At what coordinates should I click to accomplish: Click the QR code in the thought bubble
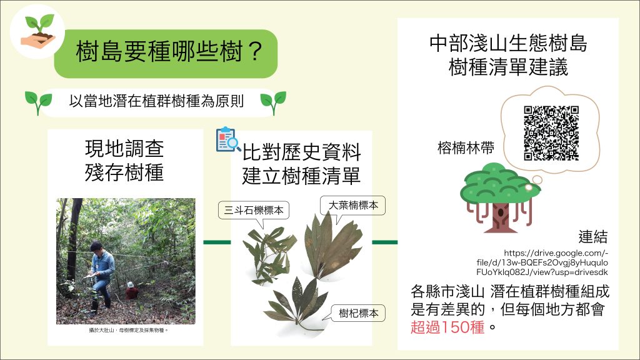[x=551, y=133]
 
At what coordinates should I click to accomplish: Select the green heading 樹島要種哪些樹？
[x=169, y=52]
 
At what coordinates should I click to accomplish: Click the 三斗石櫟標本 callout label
[x=254, y=210]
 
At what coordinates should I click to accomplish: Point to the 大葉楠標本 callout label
[x=353, y=205]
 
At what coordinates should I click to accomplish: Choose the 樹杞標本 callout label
[x=358, y=313]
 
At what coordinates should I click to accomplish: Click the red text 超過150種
[x=447, y=327]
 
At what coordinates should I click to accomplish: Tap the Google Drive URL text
[x=542, y=262]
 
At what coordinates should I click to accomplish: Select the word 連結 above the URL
[x=592, y=237]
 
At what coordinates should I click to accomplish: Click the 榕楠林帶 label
[x=465, y=147]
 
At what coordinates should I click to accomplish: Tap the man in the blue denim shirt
[x=101, y=275]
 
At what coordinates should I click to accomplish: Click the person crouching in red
[x=131, y=291]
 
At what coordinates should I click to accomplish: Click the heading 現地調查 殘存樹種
[x=124, y=161]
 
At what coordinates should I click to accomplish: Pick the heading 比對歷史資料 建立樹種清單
[x=301, y=164]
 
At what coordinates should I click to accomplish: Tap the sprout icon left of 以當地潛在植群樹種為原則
[x=38, y=102]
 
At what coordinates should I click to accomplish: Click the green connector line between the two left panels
[x=217, y=242]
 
